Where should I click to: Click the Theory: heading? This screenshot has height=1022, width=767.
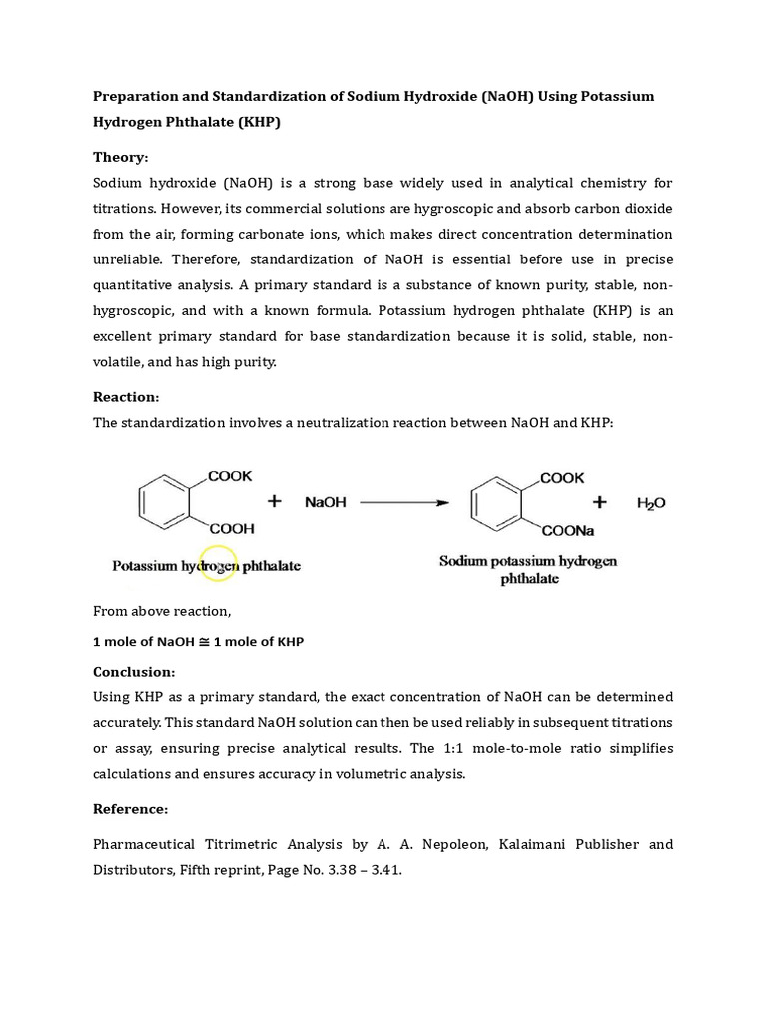click(120, 157)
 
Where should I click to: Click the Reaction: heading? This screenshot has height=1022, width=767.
click(126, 396)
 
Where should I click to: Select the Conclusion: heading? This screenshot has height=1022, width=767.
click(134, 671)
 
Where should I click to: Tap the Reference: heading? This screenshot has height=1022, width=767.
click(131, 808)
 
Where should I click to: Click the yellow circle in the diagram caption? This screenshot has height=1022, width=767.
click(218, 564)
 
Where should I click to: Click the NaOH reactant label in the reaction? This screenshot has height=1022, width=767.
click(327, 503)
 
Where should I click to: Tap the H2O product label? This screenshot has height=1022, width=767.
click(651, 503)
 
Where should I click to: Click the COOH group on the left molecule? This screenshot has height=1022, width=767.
click(231, 528)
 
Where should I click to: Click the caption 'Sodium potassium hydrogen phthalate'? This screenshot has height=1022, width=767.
click(528, 569)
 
